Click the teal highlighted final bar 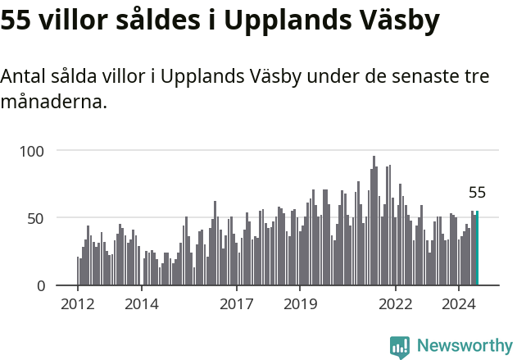point(477,248)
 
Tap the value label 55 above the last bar point(477,194)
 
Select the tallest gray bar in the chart point(374,221)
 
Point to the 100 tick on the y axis point(42,151)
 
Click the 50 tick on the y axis point(45,218)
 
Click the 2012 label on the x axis point(78,303)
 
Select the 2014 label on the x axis point(142,303)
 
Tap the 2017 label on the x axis point(237,303)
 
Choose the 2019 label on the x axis point(300,303)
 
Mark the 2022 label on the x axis point(396,303)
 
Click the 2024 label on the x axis point(459,303)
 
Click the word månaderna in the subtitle point(54,103)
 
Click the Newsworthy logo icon point(400,347)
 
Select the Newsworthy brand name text point(464,346)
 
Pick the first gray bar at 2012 point(78,271)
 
